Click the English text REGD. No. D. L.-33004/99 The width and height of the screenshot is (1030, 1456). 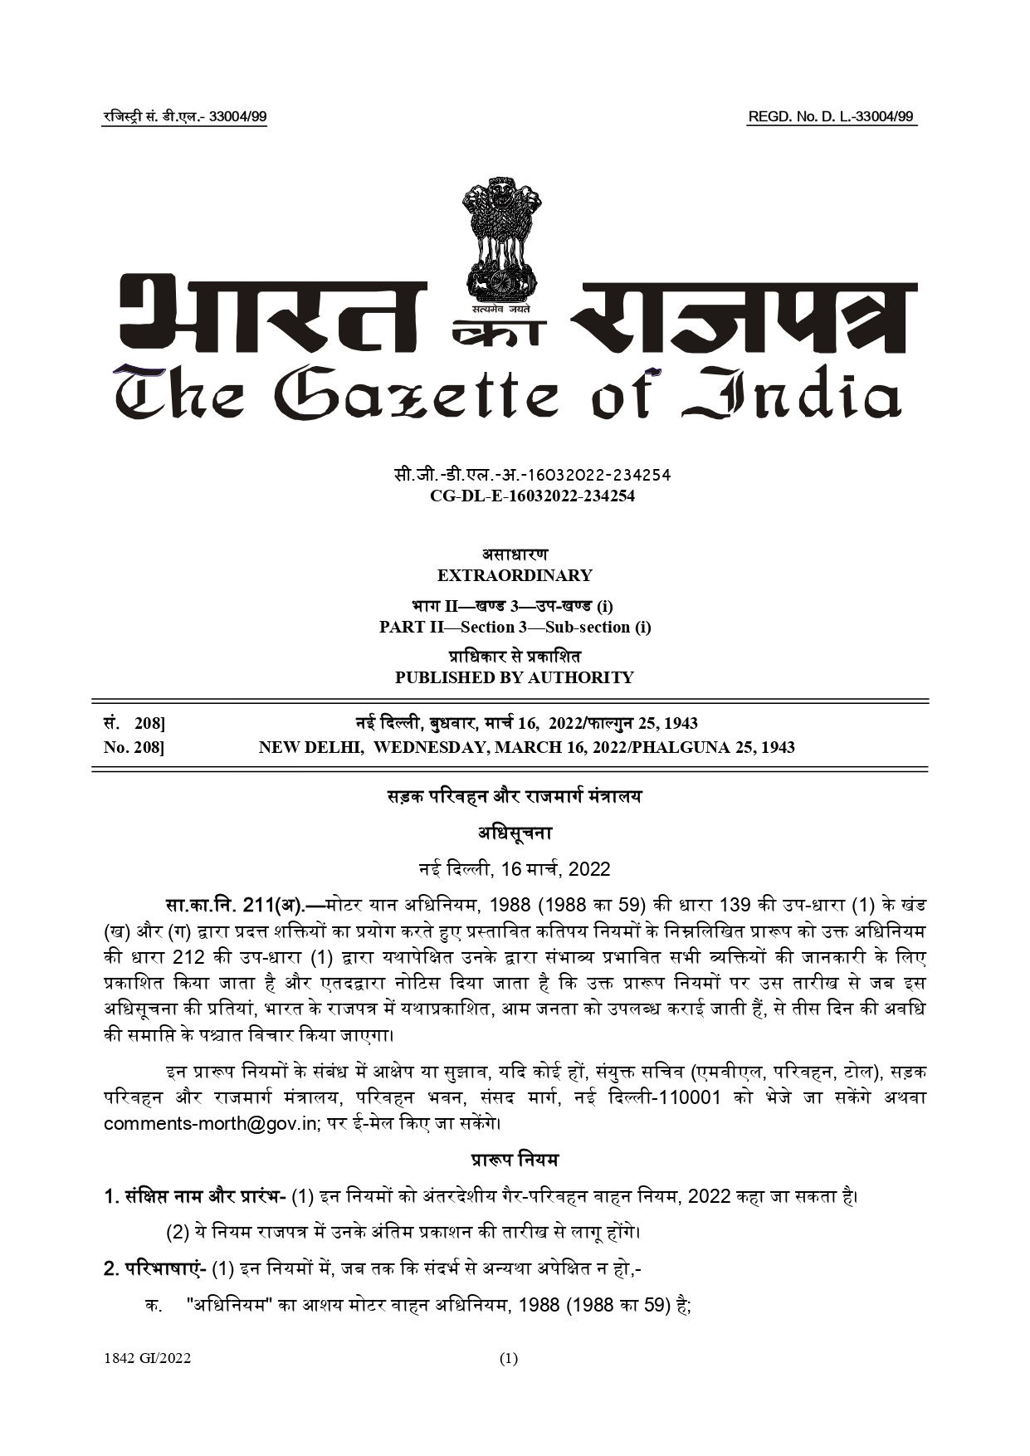tap(831, 117)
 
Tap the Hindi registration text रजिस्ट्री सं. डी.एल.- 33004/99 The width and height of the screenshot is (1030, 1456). tap(184, 117)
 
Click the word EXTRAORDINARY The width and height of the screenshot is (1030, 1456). tap(515, 575)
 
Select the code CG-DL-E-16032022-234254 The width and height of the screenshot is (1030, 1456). tap(532, 496)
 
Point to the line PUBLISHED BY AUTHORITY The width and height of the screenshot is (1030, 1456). tap(515, 677)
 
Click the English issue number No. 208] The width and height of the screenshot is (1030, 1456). tap(134, 747)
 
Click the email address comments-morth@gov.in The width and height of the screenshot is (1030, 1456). tap(211, 1124)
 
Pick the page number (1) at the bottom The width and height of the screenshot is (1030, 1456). tap(509, 1359)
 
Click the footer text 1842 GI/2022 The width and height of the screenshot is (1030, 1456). tap(148, 1359)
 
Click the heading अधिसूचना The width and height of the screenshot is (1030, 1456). tap(515, 833)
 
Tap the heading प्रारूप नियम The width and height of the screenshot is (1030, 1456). tap(515, 1160)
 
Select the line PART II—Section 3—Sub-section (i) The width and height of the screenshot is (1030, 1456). tap(515, 627)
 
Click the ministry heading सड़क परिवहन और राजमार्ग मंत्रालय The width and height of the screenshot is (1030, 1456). tap(515, 797)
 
